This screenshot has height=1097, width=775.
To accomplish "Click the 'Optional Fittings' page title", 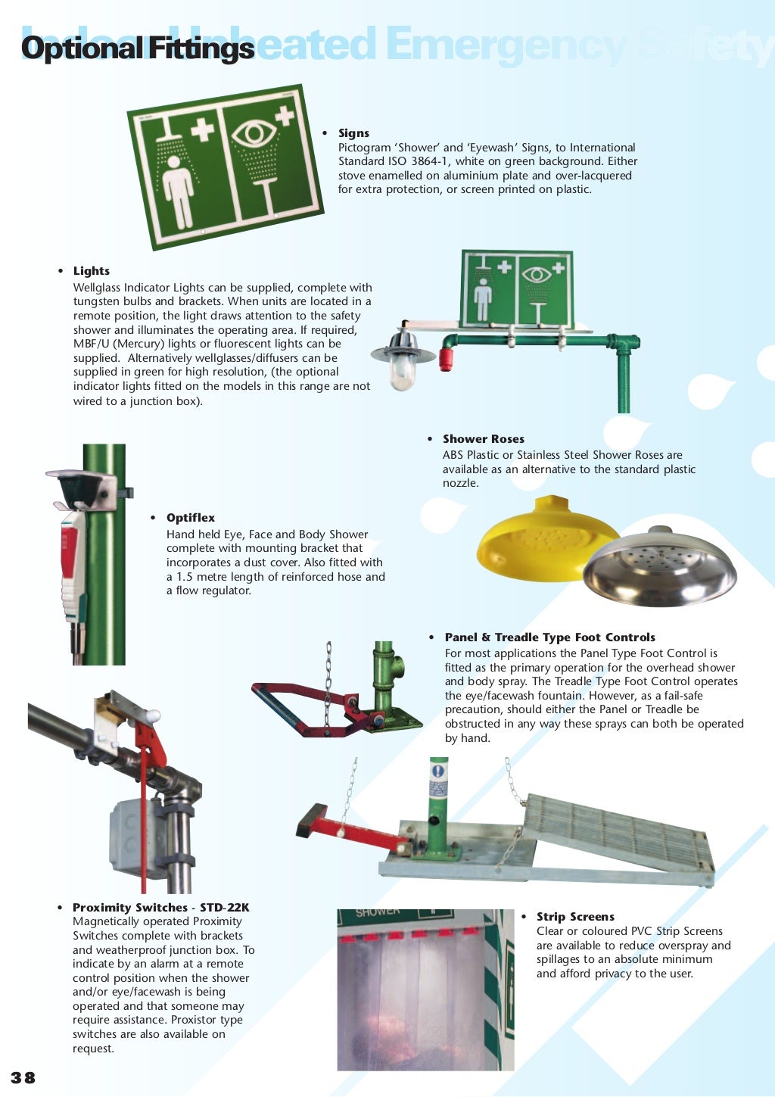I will click(137, 48).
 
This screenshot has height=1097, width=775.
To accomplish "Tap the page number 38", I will click(23, 1077).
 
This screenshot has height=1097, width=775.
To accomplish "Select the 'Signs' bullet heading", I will click(353, 133).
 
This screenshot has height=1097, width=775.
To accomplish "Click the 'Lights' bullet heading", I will click(92, 271).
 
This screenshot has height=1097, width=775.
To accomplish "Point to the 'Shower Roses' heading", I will click(483, 439).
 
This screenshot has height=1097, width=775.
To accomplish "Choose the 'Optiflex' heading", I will click(191, 518).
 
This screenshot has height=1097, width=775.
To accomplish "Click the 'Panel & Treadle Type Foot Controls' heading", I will click(549, 637).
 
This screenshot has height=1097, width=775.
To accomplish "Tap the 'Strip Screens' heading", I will click(575, 917).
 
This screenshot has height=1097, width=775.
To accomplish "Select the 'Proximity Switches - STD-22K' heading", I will click(160, 908).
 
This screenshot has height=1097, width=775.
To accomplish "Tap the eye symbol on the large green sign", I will click(254, 134).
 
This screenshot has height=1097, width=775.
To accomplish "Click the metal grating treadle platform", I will click(617, 833).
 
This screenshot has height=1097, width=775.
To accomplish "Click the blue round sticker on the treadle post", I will click(438, 771).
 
